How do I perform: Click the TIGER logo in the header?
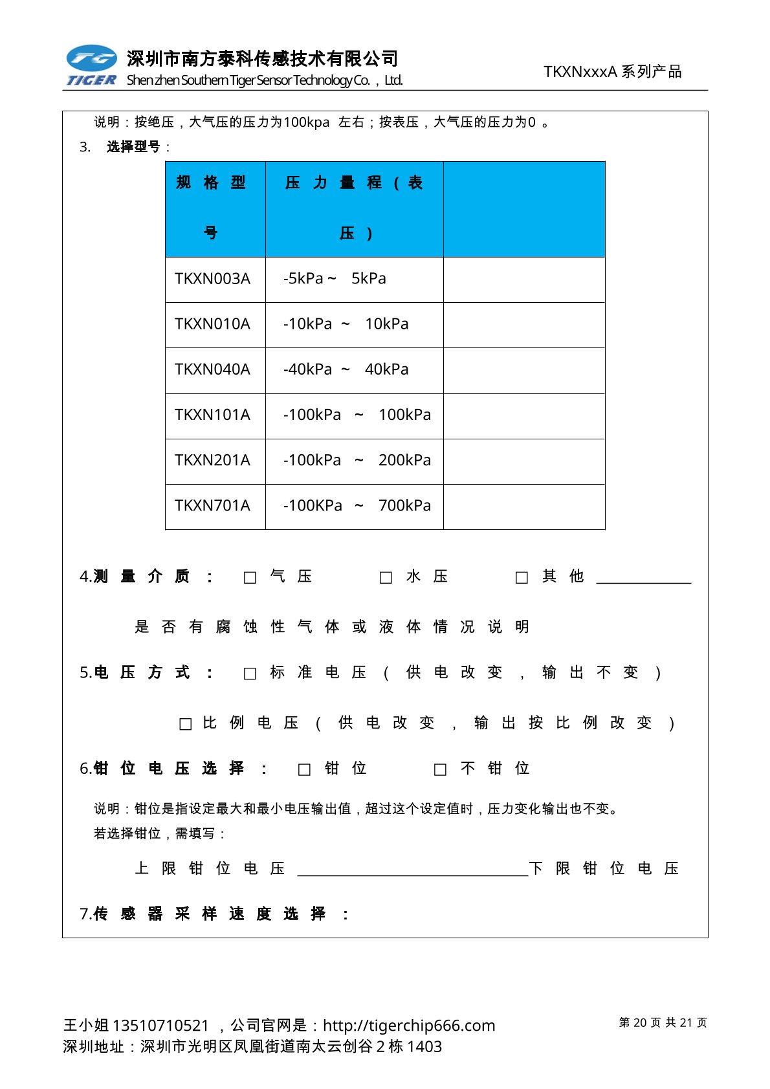[91, 66]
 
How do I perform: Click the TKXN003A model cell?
[212, 279]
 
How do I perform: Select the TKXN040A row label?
[212, 369]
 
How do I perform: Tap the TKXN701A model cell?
[212, 505]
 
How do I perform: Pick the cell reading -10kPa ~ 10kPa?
[346, 324]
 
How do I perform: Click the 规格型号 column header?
[212, 208]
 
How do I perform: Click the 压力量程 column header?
[354, 208]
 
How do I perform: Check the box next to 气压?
[250, 577]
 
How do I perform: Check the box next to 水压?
[386, 577]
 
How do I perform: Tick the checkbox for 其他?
[522, 577]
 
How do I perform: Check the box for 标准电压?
[250, 674]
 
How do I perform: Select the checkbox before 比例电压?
[186, 724]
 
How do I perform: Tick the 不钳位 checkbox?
[441, 769]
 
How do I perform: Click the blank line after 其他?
[643, 578]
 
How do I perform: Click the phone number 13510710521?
[160, 1026]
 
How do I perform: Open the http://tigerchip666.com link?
[409, 1026]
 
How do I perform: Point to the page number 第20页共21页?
[663, 1022]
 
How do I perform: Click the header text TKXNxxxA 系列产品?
[613, 72]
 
